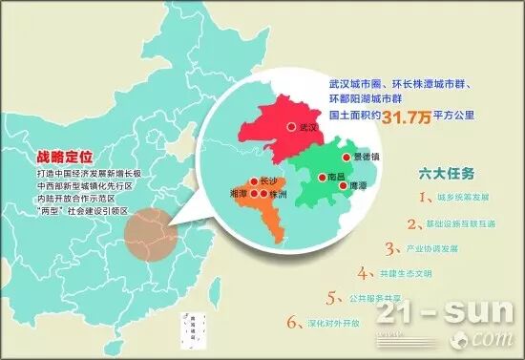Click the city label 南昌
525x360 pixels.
(x=336, y=178)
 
